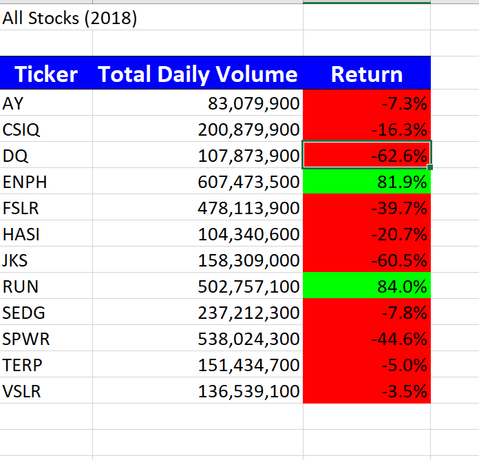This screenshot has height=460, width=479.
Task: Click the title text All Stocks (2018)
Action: tap(70, 19)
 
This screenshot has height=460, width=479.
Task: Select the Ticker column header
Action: tap(46, 74)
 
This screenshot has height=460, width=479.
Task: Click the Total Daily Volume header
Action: tap(198, 74)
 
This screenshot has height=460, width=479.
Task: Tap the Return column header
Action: tap(367, 74)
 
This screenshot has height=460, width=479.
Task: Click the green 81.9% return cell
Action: tap(367, 182)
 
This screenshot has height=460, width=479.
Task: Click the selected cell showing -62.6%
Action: tap(367, 156)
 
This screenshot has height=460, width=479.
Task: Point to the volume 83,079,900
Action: tap(253, 104)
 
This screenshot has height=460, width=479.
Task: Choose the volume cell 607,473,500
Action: tap(248, 182)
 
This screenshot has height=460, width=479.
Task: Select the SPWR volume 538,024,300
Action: tap(248, 339)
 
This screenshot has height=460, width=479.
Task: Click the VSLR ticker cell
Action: tap(21, 392)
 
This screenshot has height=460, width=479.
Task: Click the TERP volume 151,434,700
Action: tap(248, 366)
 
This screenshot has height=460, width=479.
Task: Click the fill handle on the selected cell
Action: tap(430, 167)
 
